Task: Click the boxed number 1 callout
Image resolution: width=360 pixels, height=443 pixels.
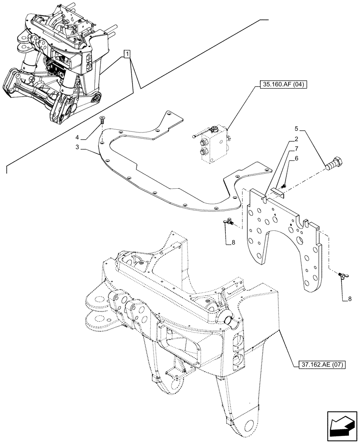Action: coord(128,54)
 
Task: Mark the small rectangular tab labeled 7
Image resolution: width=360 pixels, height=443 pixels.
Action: coord(278,191)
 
